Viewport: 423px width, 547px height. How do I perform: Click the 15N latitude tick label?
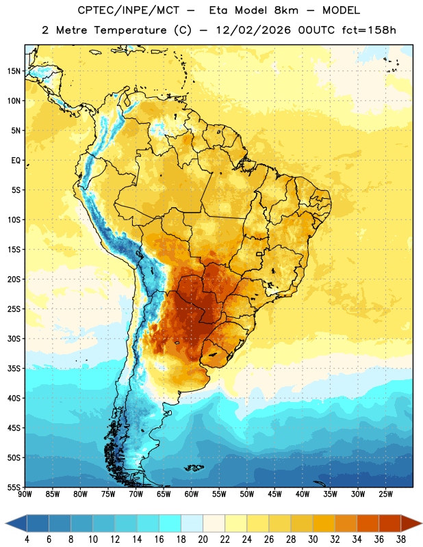click(14, 71)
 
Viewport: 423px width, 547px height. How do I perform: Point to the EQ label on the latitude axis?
click(16, 161)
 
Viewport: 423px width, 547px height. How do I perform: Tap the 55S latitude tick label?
click(14, 487)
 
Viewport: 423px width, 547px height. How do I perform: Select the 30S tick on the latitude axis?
click(14, 338)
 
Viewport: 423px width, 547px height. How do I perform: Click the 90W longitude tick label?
click(25, 494)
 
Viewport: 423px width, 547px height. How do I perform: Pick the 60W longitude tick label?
click(191, 494)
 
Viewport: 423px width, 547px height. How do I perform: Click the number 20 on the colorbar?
click(203, 539)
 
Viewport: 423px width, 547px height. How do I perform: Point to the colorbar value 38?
click(400, 539)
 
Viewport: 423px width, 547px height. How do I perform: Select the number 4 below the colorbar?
click(27, 539)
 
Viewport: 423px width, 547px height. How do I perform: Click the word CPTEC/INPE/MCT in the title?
click(129, 10)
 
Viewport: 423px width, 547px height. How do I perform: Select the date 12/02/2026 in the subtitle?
click(253, 30)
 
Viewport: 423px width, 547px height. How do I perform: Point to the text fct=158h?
click(369, 30)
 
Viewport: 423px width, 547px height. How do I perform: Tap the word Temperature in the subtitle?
click(130, 30)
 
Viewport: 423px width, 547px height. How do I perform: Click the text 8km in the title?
click(286, 10)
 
